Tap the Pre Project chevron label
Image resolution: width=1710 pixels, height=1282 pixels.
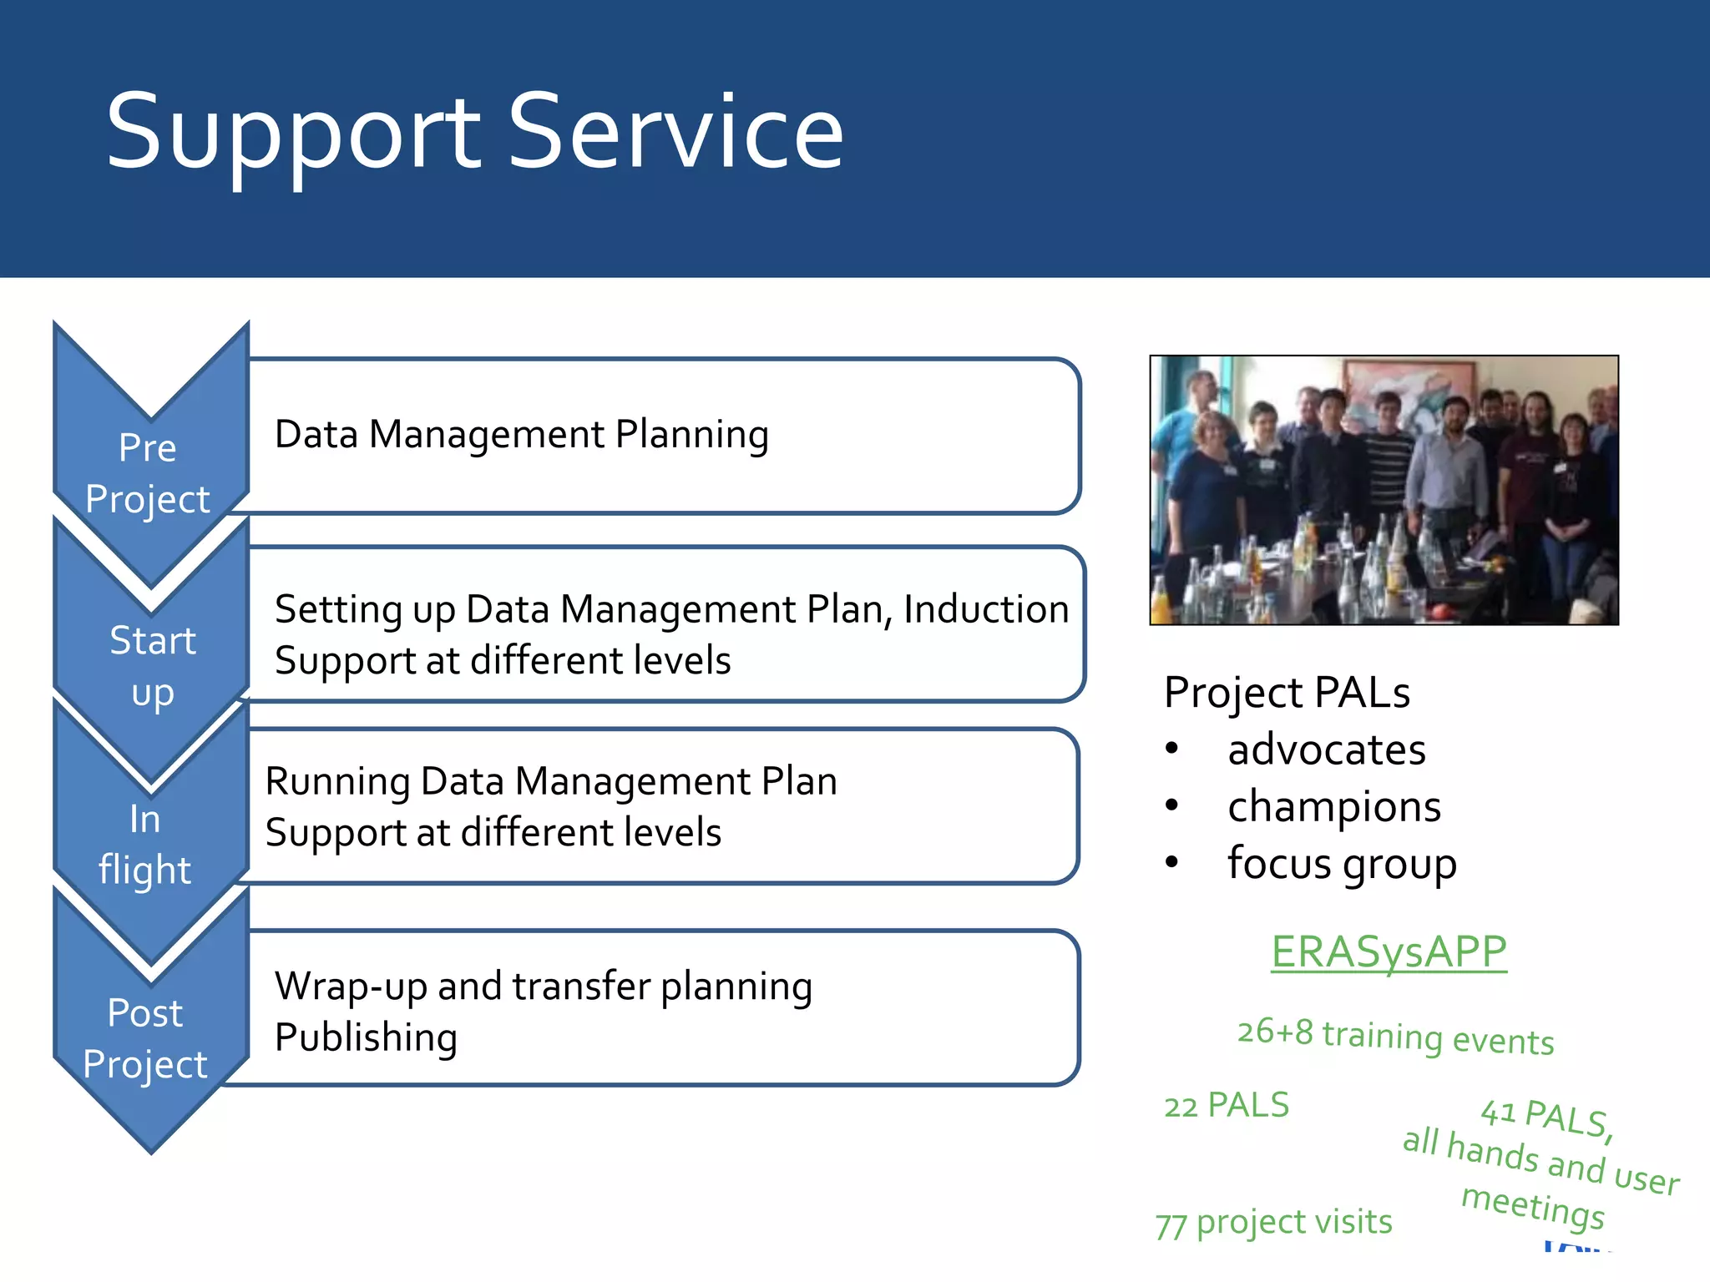click(x=148, y=473)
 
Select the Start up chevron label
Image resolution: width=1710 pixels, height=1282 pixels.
click(x=152, y=666)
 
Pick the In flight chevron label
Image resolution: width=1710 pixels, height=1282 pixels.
click(x=145, y=845)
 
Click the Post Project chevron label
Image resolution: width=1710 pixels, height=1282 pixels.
click(x=145, y=1038)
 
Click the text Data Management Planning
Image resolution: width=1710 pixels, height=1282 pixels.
click(x=522, y=435)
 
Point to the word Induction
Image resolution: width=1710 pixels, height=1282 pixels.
click(x=986, y=609)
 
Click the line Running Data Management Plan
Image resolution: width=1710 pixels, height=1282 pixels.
click(x=551, y=782)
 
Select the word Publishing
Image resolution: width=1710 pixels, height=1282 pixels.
click(x=366, y=1037)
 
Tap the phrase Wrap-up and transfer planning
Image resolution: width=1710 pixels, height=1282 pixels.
click(x=544, y=987)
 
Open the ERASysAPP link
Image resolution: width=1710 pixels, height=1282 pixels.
click(x=1389, y=951)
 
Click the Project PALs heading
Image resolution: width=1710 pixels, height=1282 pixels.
click(x=1287, y=693)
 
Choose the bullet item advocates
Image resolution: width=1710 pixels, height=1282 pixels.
click(x=1327, y=750)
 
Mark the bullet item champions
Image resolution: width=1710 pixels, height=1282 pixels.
click(x=1334, y=807)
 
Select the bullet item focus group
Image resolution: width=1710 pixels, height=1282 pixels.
click(x=1342, y=864)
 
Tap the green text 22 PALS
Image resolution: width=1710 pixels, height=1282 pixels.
click(x=1227, y=1105)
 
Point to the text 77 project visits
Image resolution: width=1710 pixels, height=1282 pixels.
click(x=1273, y=1223)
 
